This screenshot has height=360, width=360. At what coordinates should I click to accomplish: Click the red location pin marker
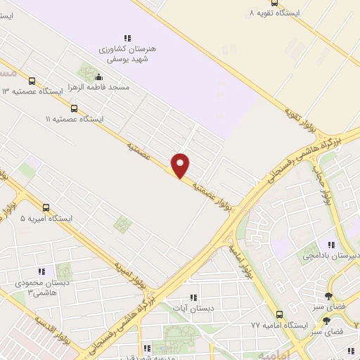coord(181,165)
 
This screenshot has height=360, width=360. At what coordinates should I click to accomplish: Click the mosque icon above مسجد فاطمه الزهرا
coord(97,77)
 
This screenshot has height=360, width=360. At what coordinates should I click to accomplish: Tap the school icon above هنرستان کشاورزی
coord(127,38)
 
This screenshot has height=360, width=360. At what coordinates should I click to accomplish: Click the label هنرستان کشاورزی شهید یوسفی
coord(127,53)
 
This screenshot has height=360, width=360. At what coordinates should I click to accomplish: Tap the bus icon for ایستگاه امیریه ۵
coord(46,207)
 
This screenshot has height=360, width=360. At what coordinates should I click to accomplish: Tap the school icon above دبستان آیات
coord(193,297)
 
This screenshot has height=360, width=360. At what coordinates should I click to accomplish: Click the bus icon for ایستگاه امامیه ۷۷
coord(279,314)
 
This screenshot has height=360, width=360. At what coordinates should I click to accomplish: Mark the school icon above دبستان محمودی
coord(41,271)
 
